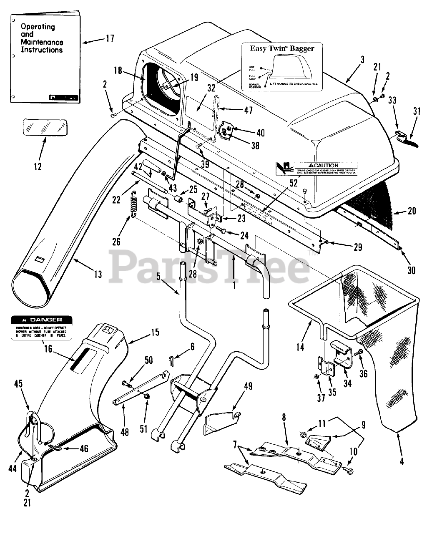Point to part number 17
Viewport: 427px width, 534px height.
click(110, 39)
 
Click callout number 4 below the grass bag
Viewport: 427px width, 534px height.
click(402, 461)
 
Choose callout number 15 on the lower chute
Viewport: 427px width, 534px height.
click(155, 332)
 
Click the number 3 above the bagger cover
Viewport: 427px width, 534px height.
click(362, 60)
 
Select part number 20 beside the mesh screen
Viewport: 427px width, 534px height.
click(412, 211)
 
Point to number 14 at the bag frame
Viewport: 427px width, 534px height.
click(300, 347)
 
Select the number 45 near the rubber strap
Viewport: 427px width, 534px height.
click(18, 383)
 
